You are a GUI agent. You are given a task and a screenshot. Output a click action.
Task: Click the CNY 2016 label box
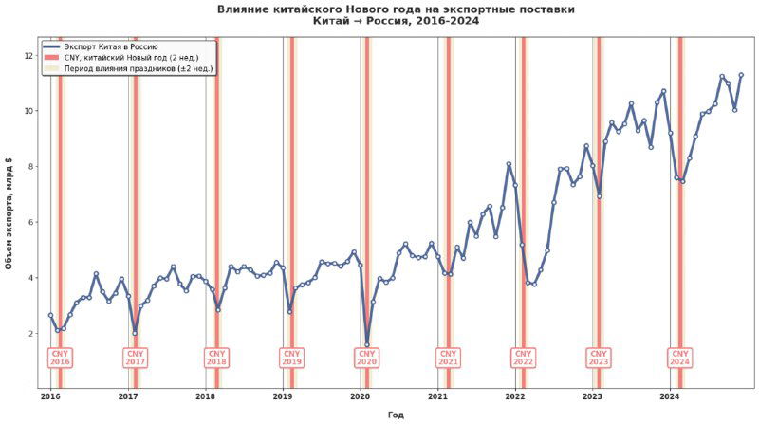click(x=60, y=358)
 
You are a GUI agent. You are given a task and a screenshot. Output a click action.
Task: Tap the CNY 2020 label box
click(x=367, y=358)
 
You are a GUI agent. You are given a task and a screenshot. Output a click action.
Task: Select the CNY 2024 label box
click(x=679, y=358)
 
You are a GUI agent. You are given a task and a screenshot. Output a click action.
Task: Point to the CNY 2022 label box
click(x=523, y=358)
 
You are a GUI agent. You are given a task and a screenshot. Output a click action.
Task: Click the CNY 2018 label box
click(x=216, y=358)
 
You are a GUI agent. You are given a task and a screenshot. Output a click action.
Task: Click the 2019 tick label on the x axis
click(x=283, y=396)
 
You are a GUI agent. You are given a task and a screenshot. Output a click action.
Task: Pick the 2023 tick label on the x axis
click(x=592, y=396)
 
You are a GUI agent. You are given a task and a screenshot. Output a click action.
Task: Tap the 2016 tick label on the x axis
click(x=50, y=396)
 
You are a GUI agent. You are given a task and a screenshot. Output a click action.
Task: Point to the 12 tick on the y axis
click(x=29, y=56)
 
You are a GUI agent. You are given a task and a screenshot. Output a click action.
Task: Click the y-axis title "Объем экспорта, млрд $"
click(x=9, y=212)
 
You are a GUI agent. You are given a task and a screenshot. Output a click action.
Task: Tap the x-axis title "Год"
click(x=396, y=415)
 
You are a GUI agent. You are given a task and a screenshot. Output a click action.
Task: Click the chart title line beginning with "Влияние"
click(x=396, y=9)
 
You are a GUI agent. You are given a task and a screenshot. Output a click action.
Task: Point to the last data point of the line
click(x=741, y=75)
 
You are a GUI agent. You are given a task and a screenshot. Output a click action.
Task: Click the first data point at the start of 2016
click(x=50, y=315)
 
